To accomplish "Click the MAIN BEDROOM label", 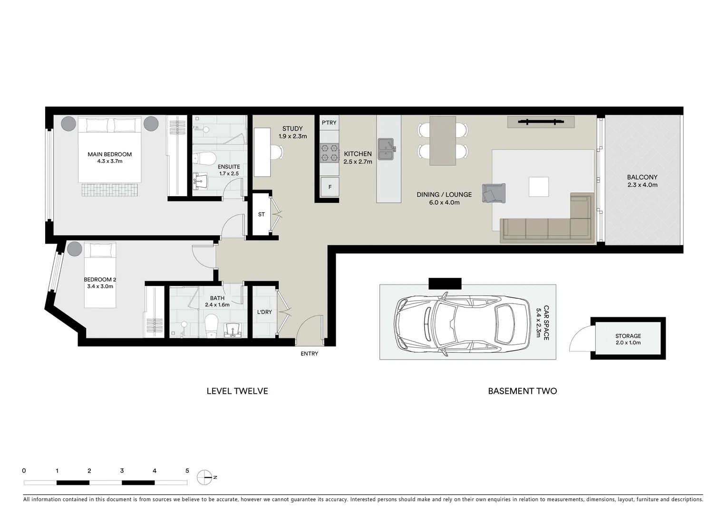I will tap(109, 154).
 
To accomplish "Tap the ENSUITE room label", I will tap(229, 167).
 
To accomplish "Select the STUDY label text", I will tap(292, 129).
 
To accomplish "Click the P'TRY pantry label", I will tap(329, 123).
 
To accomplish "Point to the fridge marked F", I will tap(330, 187).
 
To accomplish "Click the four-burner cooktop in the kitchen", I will tap(329, 152).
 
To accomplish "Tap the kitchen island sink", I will tap(386, 149).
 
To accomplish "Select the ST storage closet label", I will tap(261, 215).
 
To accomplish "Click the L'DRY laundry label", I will tap(264, 312).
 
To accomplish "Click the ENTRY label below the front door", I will tap(309, 354).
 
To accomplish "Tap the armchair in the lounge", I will tap(493, 193).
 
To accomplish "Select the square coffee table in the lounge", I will tap(538, 187).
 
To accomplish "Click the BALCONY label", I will tap(642, 177).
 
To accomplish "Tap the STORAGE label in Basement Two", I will tap(628, 336).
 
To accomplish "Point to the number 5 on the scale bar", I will tap(187, 471).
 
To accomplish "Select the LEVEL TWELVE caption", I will tap(237, 391).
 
